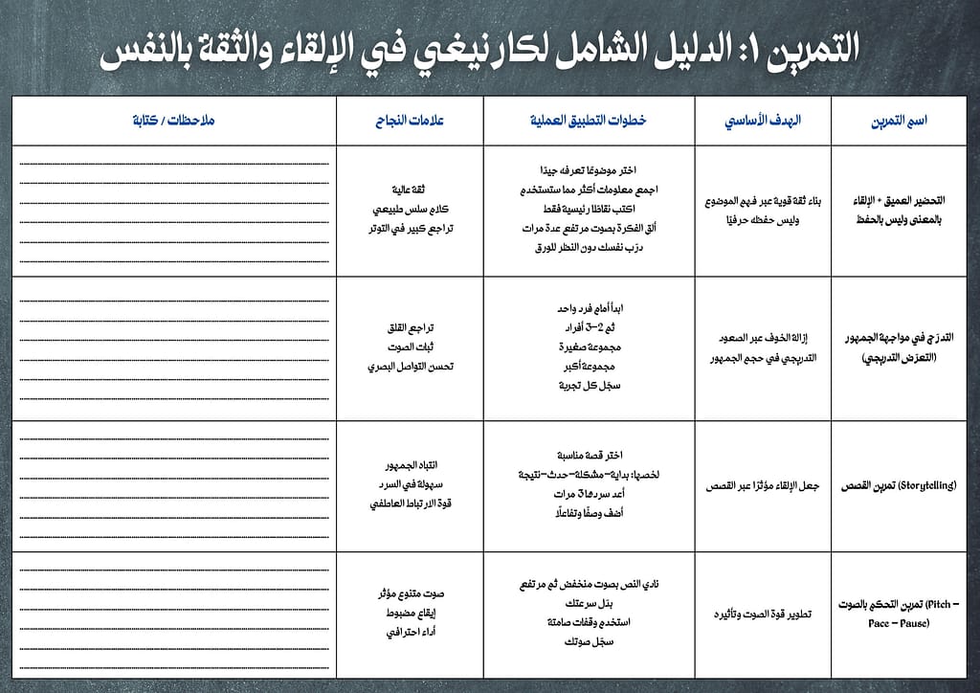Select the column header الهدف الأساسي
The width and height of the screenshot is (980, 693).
763,121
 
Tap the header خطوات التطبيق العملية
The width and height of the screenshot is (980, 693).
589,121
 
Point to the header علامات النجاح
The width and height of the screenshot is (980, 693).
410,121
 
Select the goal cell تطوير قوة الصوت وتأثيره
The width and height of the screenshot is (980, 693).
763,614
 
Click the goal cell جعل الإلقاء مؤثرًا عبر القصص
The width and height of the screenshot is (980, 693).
763,485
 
